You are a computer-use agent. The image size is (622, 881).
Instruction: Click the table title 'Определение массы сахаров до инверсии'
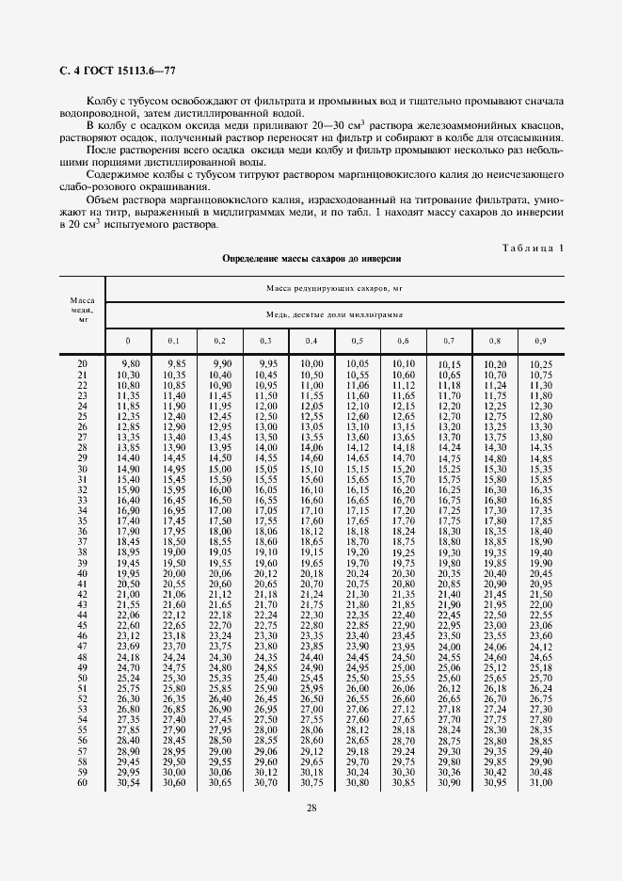click(x=311, y=258)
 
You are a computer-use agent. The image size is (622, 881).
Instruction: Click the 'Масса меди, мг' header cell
click(x=82, y=306)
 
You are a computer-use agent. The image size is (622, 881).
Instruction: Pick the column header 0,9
click(x=540, y=341)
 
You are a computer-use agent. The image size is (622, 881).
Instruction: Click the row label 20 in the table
click(x=82, y=364)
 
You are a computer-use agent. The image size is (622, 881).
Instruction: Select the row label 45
click(x=82, y=625)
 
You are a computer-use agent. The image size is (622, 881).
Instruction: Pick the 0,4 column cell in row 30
click(x=311, y=469)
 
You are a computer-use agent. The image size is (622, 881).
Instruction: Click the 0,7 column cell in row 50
click(x=449, y=678)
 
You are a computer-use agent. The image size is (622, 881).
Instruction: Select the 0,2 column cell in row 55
click(x=219, y=729)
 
